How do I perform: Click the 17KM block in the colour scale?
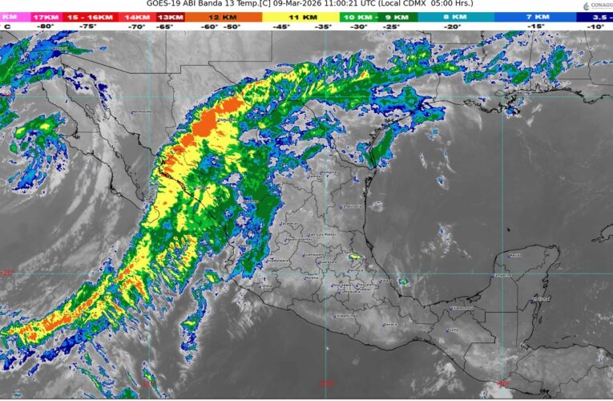[46, 16]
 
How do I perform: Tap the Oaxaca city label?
[390, 324]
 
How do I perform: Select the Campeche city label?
[502, 276]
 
